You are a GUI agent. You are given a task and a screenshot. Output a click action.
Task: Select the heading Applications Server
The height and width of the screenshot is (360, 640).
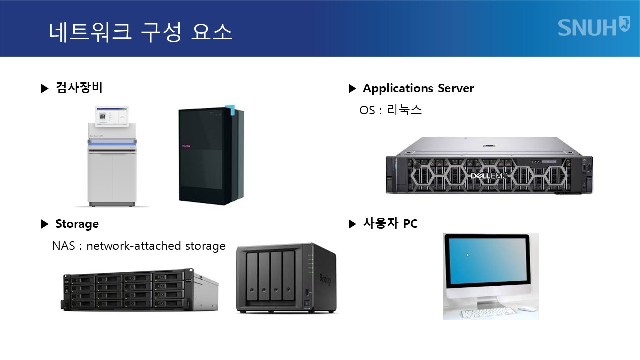[x=418, y=88]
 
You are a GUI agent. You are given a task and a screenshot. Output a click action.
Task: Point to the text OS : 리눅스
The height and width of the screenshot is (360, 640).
[x=390, y=110]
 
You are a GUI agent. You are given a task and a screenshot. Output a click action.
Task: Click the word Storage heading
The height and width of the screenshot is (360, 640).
[x=77, y=224]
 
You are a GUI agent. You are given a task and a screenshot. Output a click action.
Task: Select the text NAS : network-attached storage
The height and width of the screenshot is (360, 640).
[x=138, y=246]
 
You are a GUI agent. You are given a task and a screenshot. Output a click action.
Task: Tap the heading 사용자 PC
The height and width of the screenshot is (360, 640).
[x=390, y=224]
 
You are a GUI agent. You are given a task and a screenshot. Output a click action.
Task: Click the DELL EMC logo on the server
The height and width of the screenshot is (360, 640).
[x=489, y=175]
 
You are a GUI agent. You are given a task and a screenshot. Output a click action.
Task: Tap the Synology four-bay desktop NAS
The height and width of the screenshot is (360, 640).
[x=286, y=278]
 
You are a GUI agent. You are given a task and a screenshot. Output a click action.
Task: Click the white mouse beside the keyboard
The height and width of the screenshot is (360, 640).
[x=526, y=309]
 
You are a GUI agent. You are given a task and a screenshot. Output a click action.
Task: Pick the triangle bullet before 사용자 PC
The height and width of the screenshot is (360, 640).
[x=352, y=224]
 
